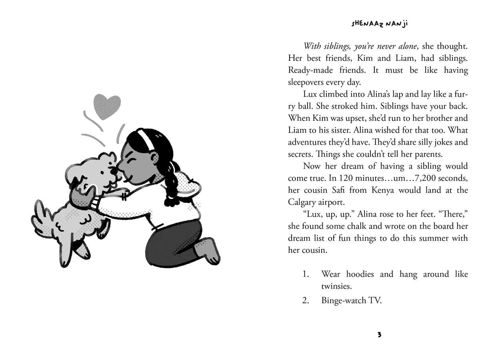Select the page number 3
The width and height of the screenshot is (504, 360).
point(379,335)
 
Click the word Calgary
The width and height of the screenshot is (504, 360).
point(304,202)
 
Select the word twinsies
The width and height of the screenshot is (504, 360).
point(337,286)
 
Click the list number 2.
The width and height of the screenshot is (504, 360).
point(306,300)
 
